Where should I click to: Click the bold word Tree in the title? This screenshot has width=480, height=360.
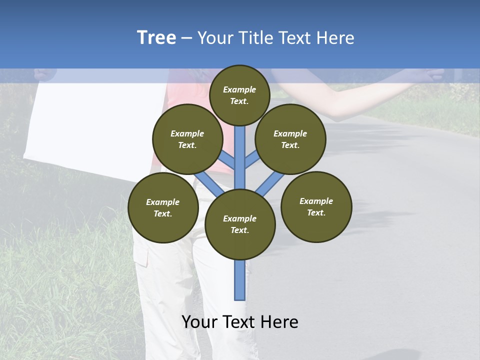click(x=156, y=37)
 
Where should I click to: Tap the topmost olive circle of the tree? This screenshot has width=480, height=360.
click(x=239, y=95)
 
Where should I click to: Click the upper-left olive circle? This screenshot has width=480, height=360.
click(x=187, y=139)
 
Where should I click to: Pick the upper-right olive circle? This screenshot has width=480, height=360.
click(x=290, y=139)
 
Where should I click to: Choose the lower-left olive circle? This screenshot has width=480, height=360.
click(x=162, y=207)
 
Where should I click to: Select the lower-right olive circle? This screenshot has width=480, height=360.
click(x=316, y=206)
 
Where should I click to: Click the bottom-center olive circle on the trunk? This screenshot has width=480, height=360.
click(x=239, y=224)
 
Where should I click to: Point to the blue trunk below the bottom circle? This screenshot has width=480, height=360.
click(x=239, y=280)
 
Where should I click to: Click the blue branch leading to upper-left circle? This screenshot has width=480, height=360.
click(x=226, y=160)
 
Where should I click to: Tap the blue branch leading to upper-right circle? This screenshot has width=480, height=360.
click(x=252, y=159)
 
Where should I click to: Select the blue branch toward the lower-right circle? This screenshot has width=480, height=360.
click(x=270, y=183)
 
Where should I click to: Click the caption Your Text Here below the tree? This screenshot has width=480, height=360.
click(x=239, y=322)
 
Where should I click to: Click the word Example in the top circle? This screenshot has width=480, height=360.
click(x=239, y=89)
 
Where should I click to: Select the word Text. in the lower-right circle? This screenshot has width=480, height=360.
click(x=316, y=212)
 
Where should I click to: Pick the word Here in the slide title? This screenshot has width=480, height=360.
click(x=335, y=38)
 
